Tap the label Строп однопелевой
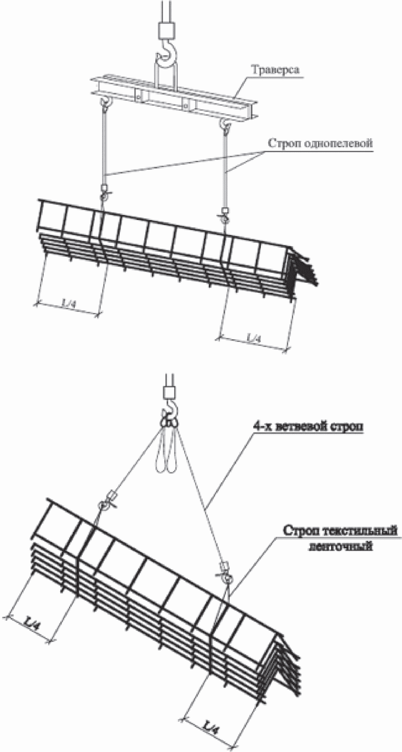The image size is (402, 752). point(320,143)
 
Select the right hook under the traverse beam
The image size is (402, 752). point(225,126)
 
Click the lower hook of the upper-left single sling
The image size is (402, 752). point(105,195)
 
